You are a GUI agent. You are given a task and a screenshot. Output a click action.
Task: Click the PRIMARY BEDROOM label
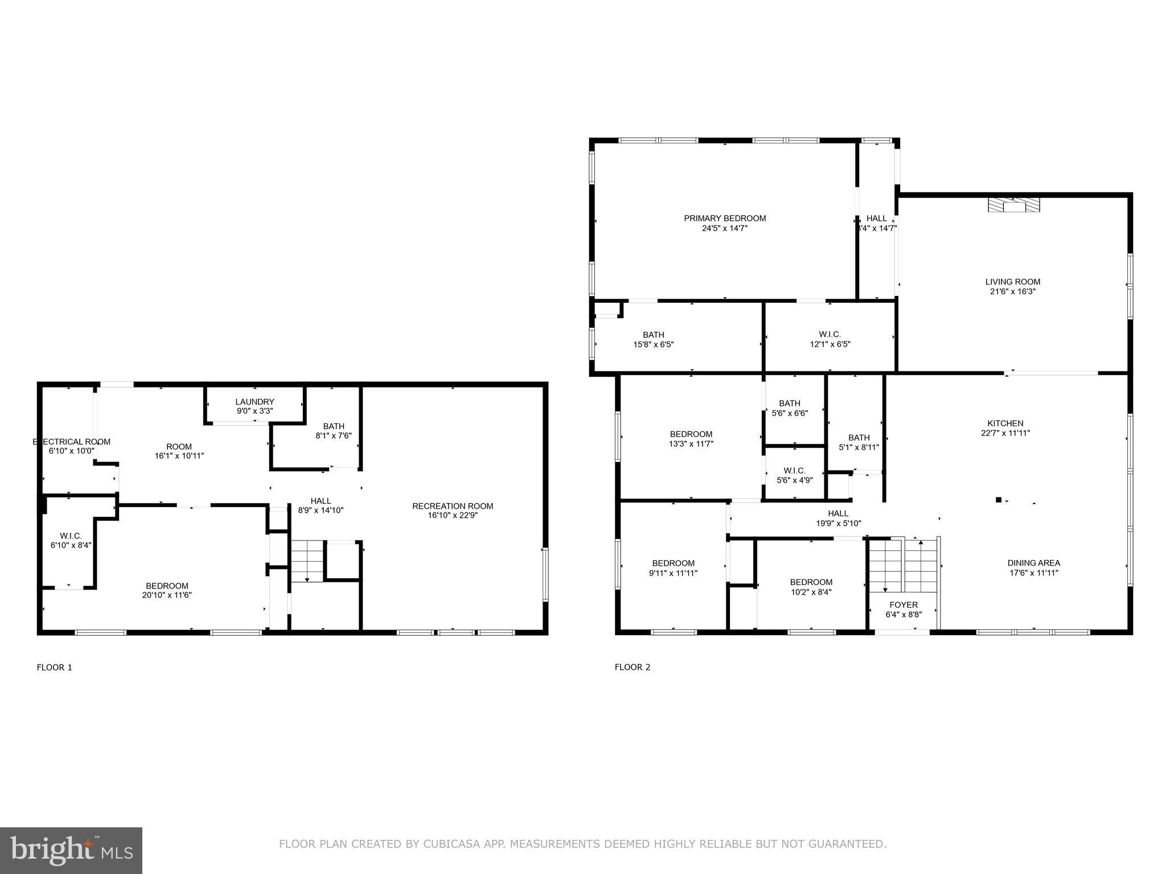[724, 218]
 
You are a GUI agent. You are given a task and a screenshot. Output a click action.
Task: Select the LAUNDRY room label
[254, 402]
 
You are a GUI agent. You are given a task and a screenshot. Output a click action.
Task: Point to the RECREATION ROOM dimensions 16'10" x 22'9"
[453, 516]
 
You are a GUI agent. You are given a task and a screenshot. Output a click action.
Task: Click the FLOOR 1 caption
[55, 667]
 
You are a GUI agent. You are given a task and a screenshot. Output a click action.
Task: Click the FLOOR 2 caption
[632, 667]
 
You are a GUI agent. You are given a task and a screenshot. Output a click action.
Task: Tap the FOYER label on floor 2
[904, 605]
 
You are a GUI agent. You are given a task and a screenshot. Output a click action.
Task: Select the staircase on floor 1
[307, 560]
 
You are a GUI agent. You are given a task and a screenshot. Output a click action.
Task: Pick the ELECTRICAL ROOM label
[72, 442]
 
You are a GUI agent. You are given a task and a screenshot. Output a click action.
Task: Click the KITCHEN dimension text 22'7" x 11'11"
[1005, 433]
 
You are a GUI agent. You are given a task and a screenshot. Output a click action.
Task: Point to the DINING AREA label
[1033, 563]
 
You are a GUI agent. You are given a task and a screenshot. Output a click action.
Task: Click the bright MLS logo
[71, 850]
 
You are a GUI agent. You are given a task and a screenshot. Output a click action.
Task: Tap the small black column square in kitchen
[998, 500]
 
